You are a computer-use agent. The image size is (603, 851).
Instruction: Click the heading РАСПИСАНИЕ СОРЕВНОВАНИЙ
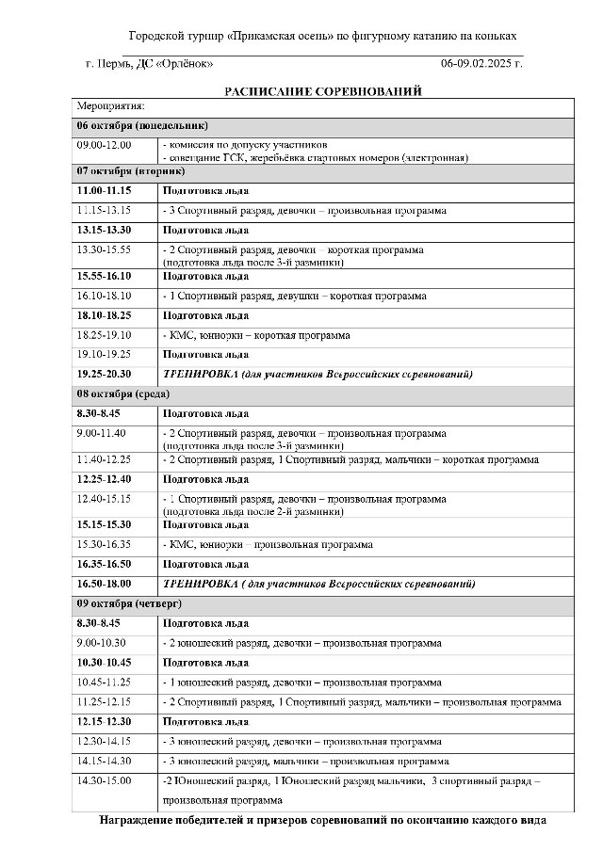pyautogui.click(x=322, y=91)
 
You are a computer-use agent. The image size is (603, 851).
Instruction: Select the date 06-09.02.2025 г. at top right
pyautogui.click(x=481, y=63)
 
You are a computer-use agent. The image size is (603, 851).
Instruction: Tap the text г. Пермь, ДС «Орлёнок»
pyautogui.click(x=149, y=63)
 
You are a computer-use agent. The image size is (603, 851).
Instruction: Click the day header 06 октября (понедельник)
pyautogui.click(x=142, y=125)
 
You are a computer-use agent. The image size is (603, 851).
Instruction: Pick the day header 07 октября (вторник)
pyautogui.click(x=131, y=171)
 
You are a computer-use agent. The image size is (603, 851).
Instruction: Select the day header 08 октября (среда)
pyautogui.click(x=123, y=393)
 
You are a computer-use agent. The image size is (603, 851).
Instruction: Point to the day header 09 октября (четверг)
pyautogui.click(x=129, y=602)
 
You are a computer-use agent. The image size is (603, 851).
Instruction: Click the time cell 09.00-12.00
pyautogui.click(x=105, y=145)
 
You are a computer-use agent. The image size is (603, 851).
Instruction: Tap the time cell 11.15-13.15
pyautogui.click(x=105, y=210)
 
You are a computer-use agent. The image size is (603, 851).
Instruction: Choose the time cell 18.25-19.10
pyautogui.click(x=105, y=335)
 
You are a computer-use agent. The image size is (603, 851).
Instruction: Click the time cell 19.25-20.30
pyautogui.click(x=105, y=375)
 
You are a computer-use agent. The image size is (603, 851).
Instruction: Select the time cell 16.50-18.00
pyautogui.click(x=105, y=584)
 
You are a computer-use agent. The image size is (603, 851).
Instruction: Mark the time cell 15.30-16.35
pyautogui.click(x=105, y=544)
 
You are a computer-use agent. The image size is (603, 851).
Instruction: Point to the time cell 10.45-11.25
pyautogui.click(x=105, y=682)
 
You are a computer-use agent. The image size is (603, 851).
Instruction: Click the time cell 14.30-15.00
pyautogui.click(x=105, y=780)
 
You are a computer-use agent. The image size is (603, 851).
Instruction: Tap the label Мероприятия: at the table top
pyautogui.click(x=110, y=106)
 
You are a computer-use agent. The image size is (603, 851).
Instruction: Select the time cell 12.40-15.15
pyautogui.click(x=105, y=498)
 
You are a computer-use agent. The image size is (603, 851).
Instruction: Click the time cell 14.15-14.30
pyautogui.click(x=105, y=761)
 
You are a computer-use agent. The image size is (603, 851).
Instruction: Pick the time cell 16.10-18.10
pyautogui.click(x=105, y=297)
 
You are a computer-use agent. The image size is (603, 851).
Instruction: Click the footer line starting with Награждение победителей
pyautogui.click(x=322, y=820)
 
